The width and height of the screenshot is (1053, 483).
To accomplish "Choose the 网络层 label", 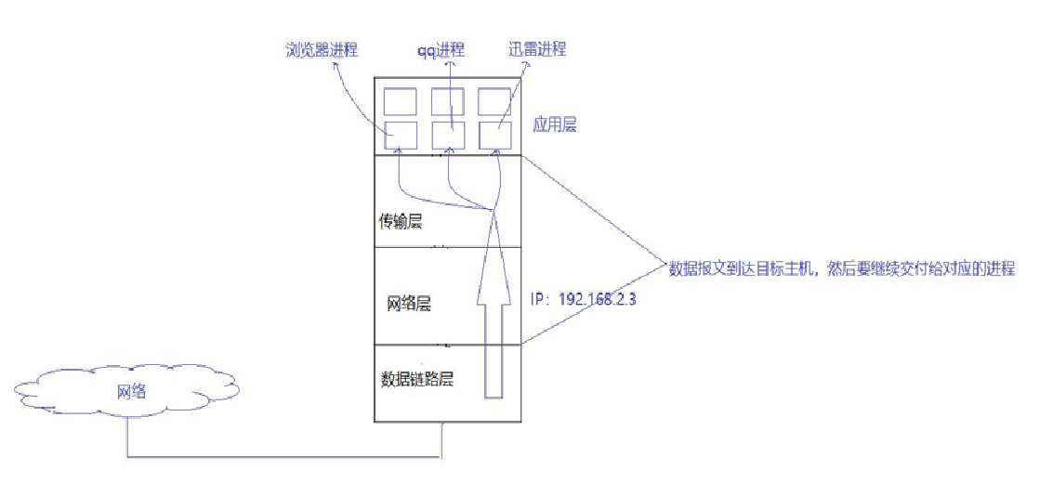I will (409, 305).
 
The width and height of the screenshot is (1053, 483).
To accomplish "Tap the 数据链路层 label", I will (417, 379).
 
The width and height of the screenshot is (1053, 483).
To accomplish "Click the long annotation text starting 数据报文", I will (842, 268).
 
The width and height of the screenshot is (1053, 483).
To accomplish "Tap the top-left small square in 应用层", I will (400, 100).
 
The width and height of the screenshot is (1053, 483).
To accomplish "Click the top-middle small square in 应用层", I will (447, 100).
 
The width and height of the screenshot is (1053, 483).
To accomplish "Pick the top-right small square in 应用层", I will (494, 100).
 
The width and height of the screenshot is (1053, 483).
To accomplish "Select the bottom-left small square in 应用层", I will (400, 135).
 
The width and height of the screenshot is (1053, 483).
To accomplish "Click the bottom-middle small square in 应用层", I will (447, 135).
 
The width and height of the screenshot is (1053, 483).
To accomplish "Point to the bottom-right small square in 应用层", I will (494, 135).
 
